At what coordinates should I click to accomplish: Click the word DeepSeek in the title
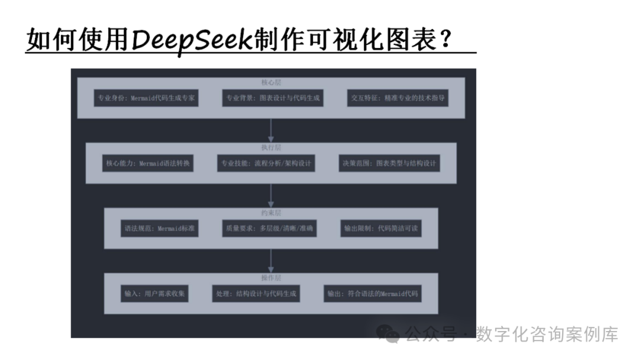(192, 40)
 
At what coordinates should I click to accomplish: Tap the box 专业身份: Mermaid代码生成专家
(146, 98)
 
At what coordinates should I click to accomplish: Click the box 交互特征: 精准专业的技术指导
(398, 98)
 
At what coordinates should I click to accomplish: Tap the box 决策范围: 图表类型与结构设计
(390, 163)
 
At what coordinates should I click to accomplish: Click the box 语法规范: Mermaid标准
(159, 228)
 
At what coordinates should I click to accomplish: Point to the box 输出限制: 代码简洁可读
(382, 228)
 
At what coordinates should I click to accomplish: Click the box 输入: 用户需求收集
(154, 293)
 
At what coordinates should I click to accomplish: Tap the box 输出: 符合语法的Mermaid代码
(373, 293)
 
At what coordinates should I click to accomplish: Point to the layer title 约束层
(271, 213)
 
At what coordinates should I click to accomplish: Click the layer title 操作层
(271, 278)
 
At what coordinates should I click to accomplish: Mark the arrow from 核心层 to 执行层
(271, 130)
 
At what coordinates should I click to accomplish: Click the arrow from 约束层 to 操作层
(271, 261)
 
